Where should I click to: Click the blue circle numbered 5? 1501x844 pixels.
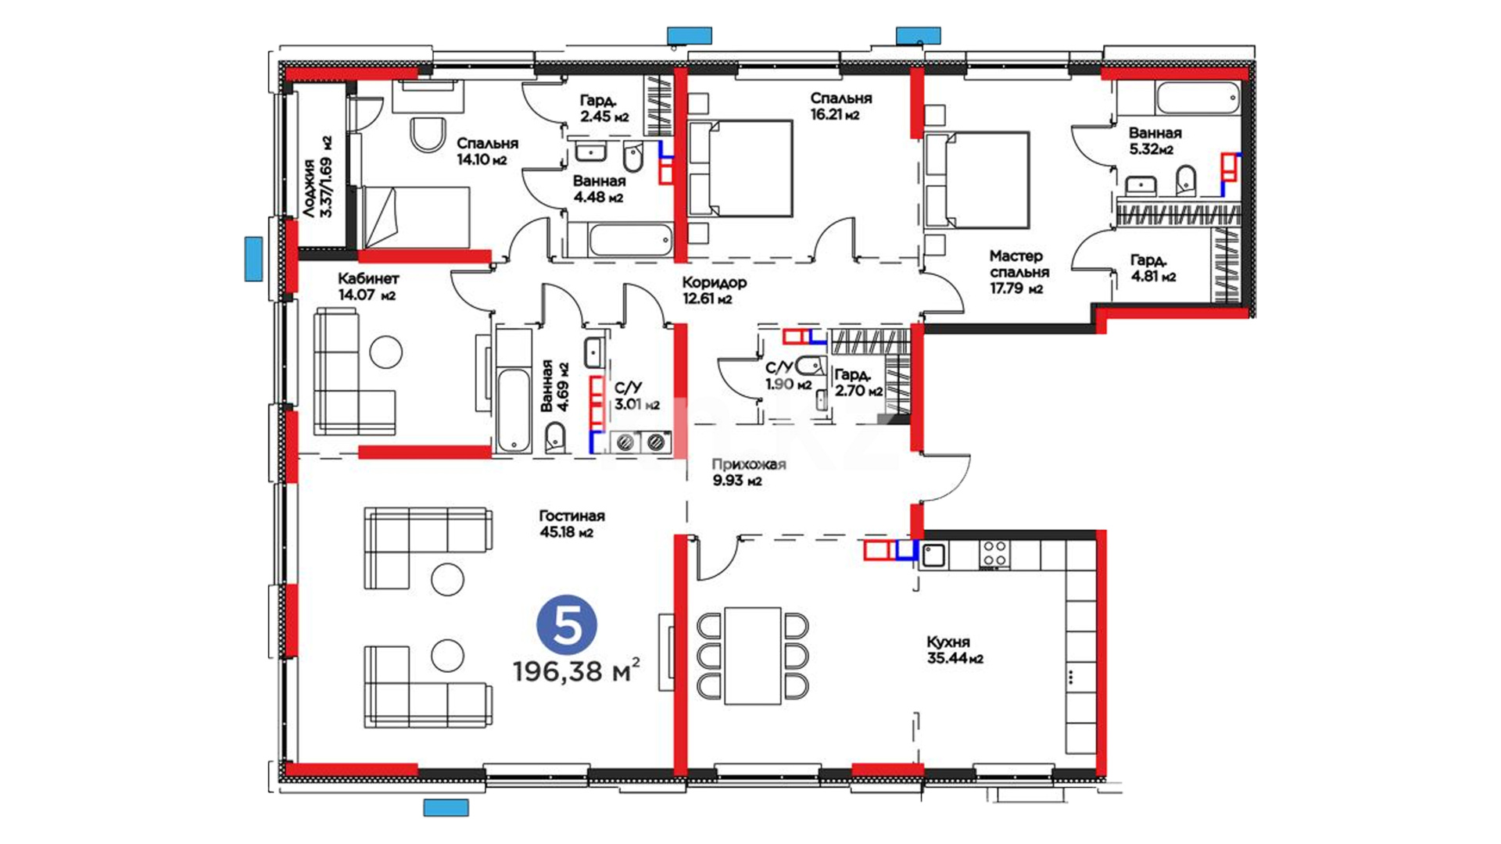(567, 625)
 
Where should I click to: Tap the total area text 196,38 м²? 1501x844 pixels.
(577, 671)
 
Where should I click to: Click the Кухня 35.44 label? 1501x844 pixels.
(955, 650)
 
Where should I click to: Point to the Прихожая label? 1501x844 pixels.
(748, 464)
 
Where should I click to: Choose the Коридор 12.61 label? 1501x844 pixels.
(714, 290)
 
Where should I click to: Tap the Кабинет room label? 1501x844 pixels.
(368, 278)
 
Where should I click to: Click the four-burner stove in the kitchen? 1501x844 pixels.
(994, 553)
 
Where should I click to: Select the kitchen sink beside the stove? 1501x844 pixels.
(933, 555)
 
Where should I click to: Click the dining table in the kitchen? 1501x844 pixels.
(753, 656)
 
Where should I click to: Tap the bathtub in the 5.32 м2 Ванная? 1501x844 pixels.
(1198, 98)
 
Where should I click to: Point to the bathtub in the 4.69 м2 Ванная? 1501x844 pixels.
(514, 409)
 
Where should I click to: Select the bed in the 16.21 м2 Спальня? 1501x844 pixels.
(740, 168)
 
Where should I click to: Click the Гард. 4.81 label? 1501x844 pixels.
(1152, 268)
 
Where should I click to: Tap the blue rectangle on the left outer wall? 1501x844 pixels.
(253, 259)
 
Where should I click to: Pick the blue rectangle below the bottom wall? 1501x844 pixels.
(446, 807)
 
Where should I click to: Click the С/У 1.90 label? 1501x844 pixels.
(788, 375)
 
